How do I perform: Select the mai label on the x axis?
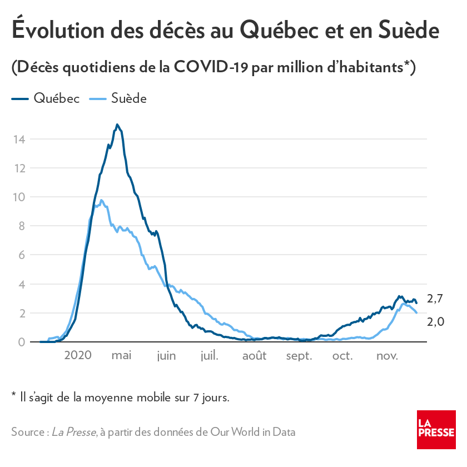coord(121,356)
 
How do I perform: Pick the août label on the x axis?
coord(254,356)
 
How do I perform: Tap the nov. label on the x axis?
coord(387,356)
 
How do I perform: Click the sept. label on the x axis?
coord(299,356)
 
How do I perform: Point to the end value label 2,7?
coord(435,299)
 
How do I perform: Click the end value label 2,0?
coord(435,321)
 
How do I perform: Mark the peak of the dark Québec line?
coord(117,125)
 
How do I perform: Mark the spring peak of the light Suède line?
coord(101,200)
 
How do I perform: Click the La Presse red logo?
coord(436,430)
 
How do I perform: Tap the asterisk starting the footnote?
coord(13,396)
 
